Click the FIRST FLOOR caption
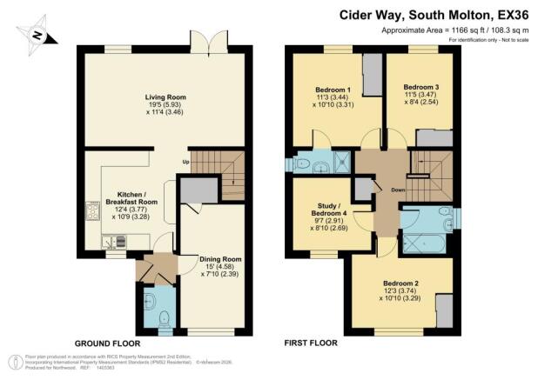(x=311, y=343)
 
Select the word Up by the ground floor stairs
(x=185, y=162)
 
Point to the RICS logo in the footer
(x=13, y=360)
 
